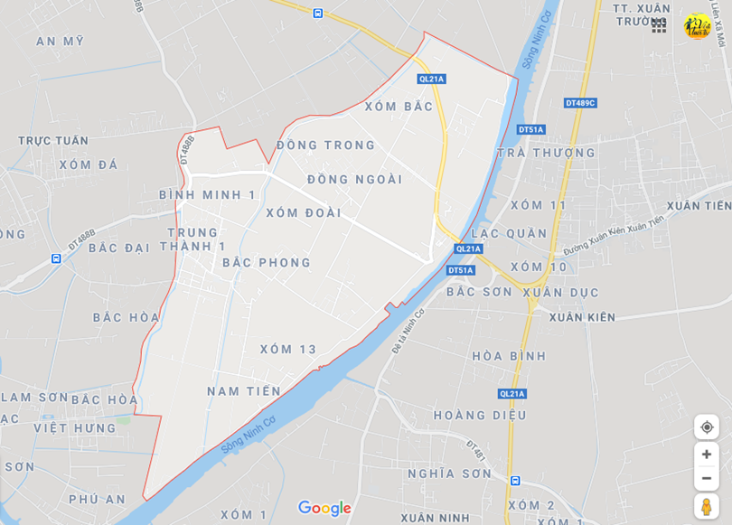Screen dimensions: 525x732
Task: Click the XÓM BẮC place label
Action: pos(399,107)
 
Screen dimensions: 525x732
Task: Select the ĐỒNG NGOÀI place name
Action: pos(354,180)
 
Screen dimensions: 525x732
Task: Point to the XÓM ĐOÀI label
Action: pos(304,213)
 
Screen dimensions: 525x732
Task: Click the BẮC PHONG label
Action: pos(266,263)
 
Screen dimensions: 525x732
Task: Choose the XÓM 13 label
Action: pos(288,350)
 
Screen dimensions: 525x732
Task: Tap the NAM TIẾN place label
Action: pos(244,391)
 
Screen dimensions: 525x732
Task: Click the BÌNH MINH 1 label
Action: pos(207,195)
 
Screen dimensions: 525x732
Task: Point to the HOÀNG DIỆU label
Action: pos(479,416)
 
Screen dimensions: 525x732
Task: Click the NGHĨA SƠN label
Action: pos(449,473)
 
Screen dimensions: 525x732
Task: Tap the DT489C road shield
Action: pos(580,103)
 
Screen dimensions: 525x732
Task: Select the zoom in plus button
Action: pos(707,455)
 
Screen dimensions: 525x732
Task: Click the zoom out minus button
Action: pos(707,478)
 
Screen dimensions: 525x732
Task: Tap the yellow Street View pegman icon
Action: pos(707,506)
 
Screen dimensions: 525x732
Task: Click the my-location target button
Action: pos(707,427)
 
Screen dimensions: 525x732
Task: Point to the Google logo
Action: pos(324,509)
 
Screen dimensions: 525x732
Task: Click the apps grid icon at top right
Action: pos(659,26)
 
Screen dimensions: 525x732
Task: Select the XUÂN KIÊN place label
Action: pos(581,317)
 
